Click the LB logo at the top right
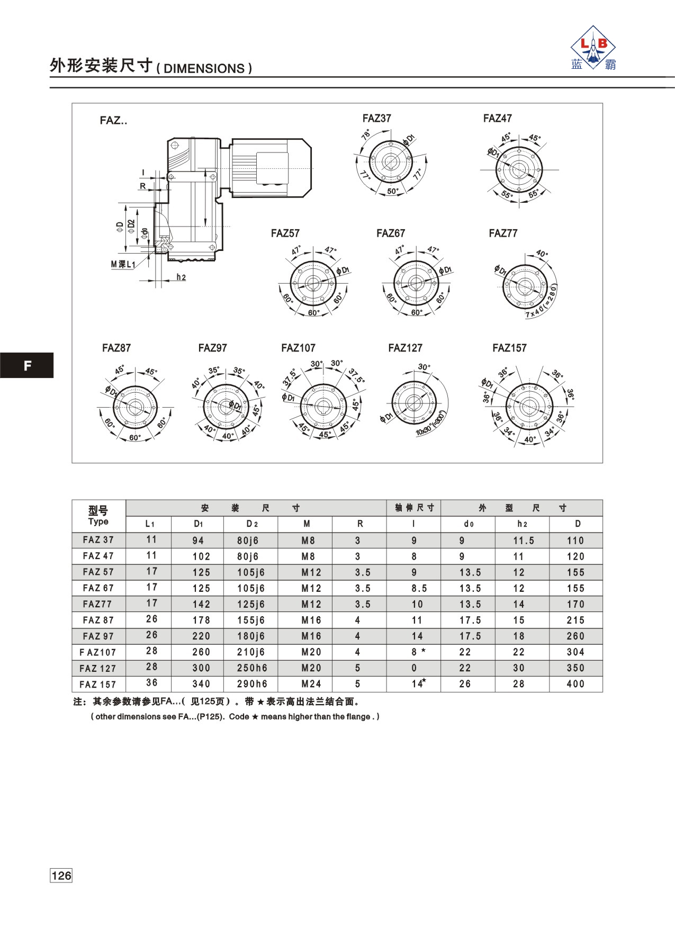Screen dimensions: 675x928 click(x=593, y=48)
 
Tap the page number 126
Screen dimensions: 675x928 click(x=61, y=876)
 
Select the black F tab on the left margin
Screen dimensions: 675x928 click(x=27, y=365)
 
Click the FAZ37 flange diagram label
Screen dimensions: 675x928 click(x=376, y=118)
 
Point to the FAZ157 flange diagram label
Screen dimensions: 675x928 click(x=509, y=348)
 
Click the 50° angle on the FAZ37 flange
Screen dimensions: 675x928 click(x=392, y=191)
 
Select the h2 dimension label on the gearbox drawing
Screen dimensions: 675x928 click(x=181, y=277)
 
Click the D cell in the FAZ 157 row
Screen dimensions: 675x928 click(x=575, y=684)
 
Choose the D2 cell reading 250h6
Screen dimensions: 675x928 click(x=252, y=668)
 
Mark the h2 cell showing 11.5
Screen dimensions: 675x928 click(x=524, y=540)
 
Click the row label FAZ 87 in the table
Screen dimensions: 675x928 click(x=98, y=620)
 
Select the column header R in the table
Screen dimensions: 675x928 click(x=360, y=524)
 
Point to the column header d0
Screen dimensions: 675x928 click(x=469, y=524)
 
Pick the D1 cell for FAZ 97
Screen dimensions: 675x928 click(x=201, y=636)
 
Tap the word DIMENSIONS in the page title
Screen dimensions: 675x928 click(x=204, y=68)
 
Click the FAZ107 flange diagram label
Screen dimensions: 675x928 click(x=298, y=348)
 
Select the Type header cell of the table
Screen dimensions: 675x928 click(x=98, y=516)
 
